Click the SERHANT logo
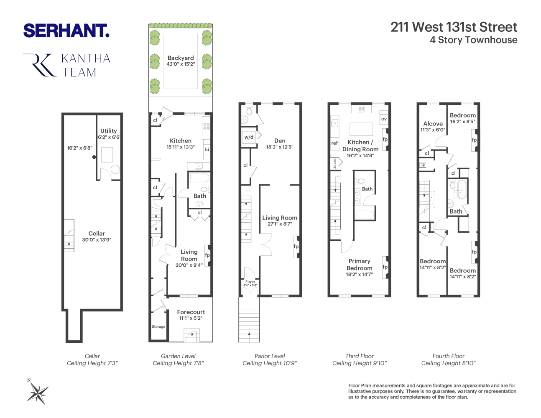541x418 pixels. [x=66, y=31]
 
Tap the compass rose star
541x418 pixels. [x=38, y=393]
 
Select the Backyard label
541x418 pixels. [x=181, y=58]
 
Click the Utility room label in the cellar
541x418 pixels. [x=109, y=131]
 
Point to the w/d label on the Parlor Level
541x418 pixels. [x=249, y=137]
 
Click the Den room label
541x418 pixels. [x=280, y=141]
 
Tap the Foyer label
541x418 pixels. [x=250, y=282]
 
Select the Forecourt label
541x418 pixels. [x=191, y=312]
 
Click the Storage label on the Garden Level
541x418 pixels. [x=158, y=327]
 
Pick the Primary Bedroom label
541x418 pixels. [x=359, y=265]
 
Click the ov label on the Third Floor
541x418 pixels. [x=384, y=119]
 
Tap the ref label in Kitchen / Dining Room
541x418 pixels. [x=334, y=143]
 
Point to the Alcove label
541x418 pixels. [x=433, y=124]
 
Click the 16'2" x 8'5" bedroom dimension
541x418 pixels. [x=462, y=122]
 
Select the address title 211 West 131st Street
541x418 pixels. [x=454, y=27]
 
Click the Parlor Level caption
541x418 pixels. [x=270, y=356]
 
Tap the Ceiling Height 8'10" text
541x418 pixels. [x=448, y=363]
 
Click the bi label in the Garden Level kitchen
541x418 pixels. [x=207, y=150]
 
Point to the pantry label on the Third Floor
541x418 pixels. [x=335, y=163]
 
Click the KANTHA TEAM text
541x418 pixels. [x=86, y=65]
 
